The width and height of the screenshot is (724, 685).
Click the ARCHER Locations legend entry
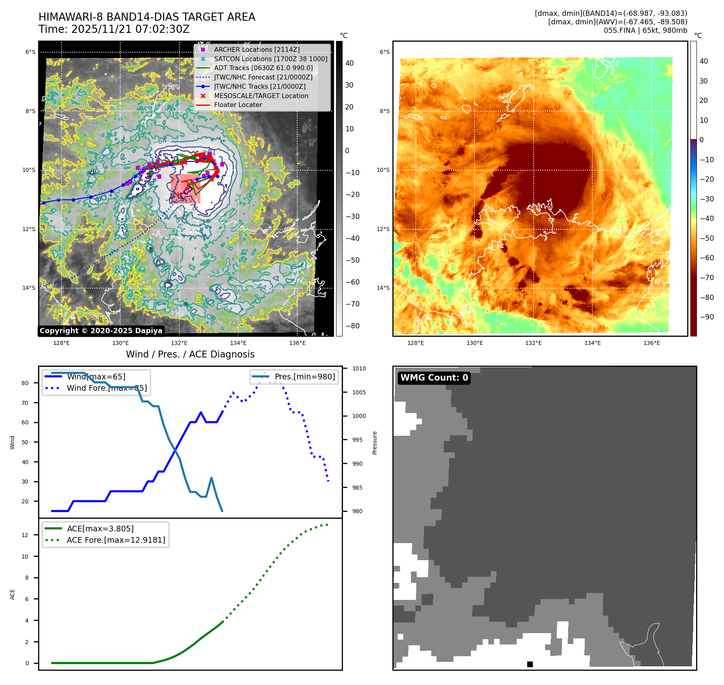pos(257,49)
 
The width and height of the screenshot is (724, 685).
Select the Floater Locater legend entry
pos(238,105)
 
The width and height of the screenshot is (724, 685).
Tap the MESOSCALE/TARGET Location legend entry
pos(261,96)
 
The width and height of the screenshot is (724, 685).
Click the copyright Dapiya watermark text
pos(101,331)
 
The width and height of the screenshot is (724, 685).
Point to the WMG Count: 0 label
pos(434,378)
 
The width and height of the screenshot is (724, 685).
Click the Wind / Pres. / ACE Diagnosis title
pos(190,354)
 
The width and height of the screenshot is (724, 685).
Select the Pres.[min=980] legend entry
pos(305,377)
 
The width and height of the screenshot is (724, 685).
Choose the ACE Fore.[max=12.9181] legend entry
pos(116,540)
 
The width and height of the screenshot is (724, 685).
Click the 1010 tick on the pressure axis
pos(359,368)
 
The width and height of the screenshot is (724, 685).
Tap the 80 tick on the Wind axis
pos(25,383)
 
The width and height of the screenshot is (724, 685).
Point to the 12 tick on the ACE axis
pos(25,535)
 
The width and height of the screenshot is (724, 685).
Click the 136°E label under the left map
pos(297,343)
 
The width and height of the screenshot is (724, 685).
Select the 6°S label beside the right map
pos(385,52)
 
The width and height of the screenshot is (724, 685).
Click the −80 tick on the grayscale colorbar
pos(353,326)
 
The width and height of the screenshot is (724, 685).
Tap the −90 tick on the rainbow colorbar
pos(707,317)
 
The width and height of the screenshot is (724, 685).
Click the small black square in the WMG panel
pos(530,664)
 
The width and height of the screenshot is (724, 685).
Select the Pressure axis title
pos(375,443)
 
